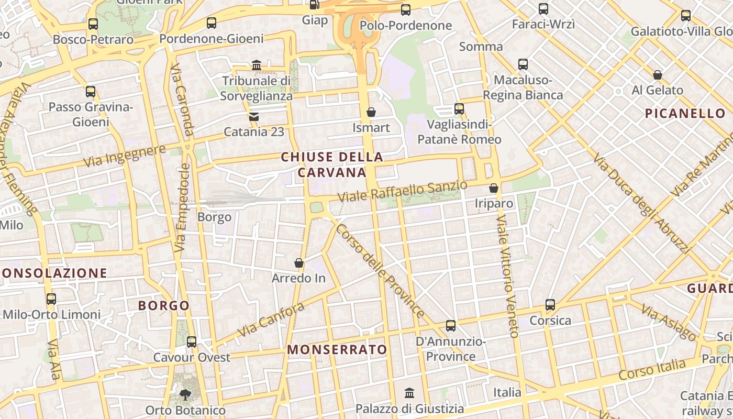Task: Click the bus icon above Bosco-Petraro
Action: (93, 24)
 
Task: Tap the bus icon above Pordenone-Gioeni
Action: (212, 23)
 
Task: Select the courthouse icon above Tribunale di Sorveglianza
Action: (257, 65)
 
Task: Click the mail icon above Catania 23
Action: (254, 116)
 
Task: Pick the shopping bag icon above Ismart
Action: (371, 112)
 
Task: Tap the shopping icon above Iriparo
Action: (494, 188)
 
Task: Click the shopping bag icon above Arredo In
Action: (299, 262)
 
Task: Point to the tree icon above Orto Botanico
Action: (185, 394)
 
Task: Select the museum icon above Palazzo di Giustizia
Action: (409, 393)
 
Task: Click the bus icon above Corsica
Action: (550, 305)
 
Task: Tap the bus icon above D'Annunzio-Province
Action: (451, 326)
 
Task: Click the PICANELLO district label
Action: (685, 113)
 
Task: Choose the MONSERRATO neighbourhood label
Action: (337, 349)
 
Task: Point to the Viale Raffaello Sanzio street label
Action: (402, 191)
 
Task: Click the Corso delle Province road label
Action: (380, 271)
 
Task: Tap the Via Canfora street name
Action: (271, 319)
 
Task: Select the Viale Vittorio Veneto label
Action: (506, 275)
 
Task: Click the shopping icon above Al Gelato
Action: (658, 75)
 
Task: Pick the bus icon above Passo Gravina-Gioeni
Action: (91, 92)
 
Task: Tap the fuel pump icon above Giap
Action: (314, 5)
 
